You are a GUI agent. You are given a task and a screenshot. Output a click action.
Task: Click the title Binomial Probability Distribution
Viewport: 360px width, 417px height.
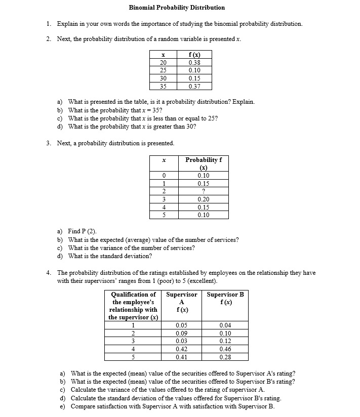click(x=177, y=8)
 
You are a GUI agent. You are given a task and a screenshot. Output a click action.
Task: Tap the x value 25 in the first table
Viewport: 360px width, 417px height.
click(x=163, y=70)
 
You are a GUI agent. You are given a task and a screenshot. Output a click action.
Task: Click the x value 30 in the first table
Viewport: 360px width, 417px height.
click(x=163, y=78)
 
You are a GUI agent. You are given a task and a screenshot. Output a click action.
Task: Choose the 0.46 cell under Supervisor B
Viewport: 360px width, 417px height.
click(x=225, y=349)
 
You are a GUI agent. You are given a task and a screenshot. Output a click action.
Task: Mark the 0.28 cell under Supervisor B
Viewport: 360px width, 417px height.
click(x=225, y=357)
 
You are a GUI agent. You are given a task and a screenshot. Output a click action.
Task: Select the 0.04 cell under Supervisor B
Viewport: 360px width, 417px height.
click(x=225, y=325)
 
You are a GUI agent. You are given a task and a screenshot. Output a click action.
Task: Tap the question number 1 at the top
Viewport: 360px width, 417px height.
click(x=48, y=24)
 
